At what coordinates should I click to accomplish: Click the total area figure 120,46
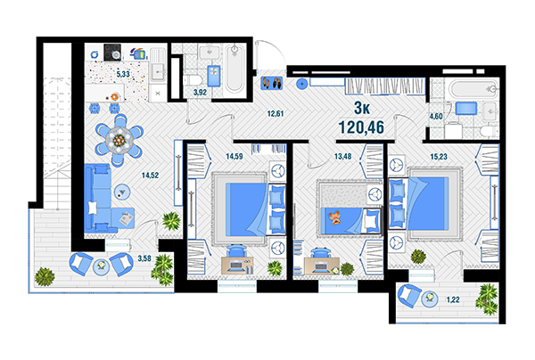click(x=361, y=127)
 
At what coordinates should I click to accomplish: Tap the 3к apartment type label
click(x=362, y=108)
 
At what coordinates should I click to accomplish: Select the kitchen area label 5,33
click(x=123, y=74)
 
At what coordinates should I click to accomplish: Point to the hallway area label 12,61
click(x=276, y=113)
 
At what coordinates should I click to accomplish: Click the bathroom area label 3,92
click(x=200, y=92)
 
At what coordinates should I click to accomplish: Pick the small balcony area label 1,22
click(x=453, y=299)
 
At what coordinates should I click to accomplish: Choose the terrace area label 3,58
click(x=144, y=258)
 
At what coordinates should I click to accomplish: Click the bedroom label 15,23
click(x=439, y=157)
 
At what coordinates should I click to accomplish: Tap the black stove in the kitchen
click(x=112, y=52)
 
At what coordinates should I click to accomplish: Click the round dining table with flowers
click(x=119, y=139)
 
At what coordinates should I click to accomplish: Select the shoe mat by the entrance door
click(x=272, y=83)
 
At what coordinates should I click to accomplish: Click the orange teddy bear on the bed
click(x=335, y=217)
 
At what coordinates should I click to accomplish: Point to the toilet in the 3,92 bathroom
click(x=193, y=80)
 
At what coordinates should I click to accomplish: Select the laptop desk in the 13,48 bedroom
click(x=320, y=266)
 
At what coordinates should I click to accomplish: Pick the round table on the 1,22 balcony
click(x=430, y=299)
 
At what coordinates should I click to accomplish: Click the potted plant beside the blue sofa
click(x=171, y=221)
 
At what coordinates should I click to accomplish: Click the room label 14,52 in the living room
click(x=150, y=176)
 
